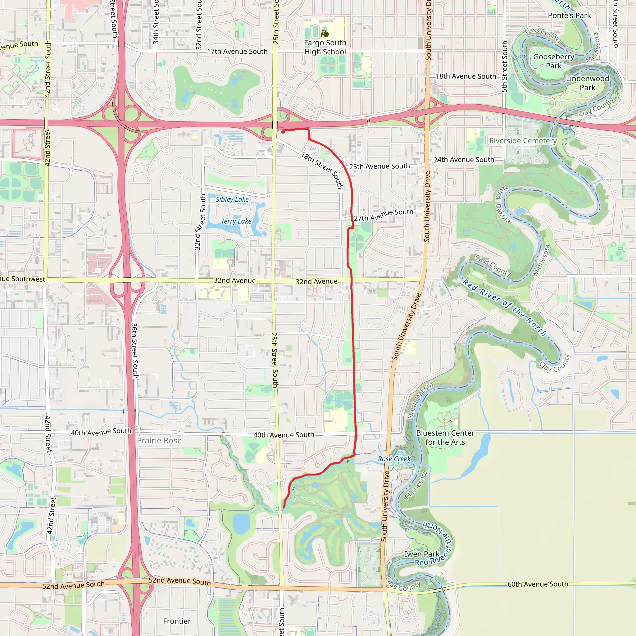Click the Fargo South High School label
tap(325, 48)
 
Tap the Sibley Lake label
tap(232, 199)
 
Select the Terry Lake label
tap(236, 221)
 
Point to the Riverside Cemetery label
tap(523, 141)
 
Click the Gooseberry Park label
tap(554, 61)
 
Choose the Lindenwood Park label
tap(587, 83)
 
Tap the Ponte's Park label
tap(569, 16)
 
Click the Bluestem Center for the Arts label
tap(445, 438)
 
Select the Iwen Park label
tap(422, 554)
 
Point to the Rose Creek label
tap(394, 459)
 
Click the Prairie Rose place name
tap(159, 440)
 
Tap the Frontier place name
tap(177, 621)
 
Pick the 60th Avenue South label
tap(538, 584)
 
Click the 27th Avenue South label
tap(384, 215)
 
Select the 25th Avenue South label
tap(379, 166)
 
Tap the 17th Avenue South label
tap(237, 51)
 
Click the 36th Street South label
tap(135, 350)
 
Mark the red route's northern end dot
tap(283, 132)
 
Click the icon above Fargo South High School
tap(325, 33)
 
